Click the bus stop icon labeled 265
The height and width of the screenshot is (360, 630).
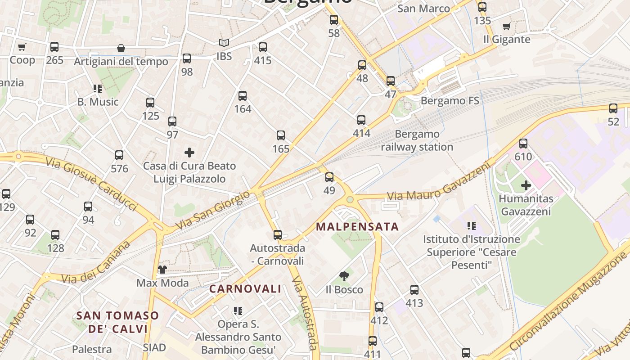coord(54,47)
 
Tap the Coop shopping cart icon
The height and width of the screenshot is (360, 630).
coord(22,47)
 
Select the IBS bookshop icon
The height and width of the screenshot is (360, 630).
coord(224,43)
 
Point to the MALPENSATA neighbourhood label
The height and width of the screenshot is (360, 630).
coord(357,226)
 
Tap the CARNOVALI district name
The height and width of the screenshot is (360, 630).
coord(245,289)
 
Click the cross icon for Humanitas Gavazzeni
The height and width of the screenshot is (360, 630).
coord(526,185)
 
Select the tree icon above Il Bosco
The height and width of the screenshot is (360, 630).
coord(344,276)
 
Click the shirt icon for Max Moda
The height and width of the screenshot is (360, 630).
coord(162,270)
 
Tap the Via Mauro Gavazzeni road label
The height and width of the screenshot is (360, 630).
coord(439,184)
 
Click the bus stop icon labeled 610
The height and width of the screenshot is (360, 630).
coord(523,144)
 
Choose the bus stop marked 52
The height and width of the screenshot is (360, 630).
coord(613,108)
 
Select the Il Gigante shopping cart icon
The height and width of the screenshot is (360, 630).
coord(506,26)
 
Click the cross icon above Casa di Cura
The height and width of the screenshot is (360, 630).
coord(189,153)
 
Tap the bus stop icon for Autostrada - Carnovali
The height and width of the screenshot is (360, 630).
coord(277,235)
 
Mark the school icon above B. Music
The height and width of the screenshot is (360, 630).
coord(98,89)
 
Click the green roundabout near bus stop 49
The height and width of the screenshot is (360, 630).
coord(350,199)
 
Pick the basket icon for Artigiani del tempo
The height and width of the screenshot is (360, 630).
coord(121,48)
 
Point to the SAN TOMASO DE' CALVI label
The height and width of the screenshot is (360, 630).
coord(117,322)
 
